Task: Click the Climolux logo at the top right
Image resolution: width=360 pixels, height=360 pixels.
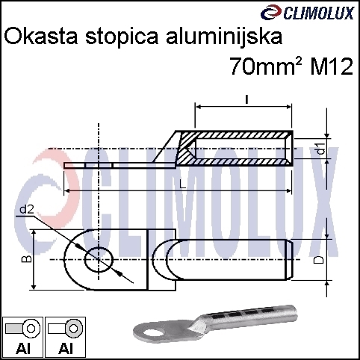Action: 307,13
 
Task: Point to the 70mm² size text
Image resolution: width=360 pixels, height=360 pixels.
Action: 266,66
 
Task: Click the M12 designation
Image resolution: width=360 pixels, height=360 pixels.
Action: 332,66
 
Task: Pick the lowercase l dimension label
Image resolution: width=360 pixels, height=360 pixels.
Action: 246,100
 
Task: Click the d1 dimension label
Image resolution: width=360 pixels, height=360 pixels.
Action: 322,149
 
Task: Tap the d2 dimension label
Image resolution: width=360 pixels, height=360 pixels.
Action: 27,210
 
